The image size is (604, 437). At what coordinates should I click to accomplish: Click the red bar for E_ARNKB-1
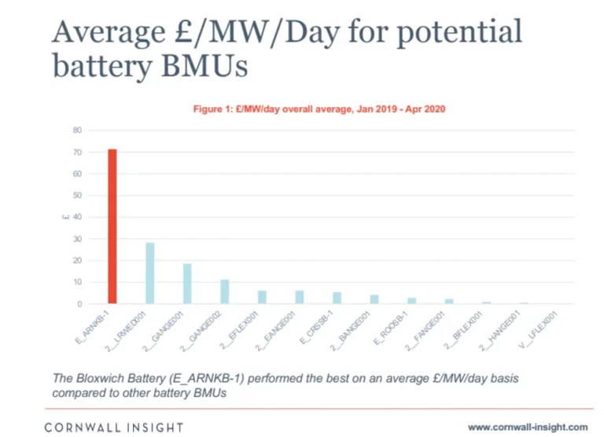(112, 226)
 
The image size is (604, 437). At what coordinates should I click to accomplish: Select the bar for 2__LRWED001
(150, 273)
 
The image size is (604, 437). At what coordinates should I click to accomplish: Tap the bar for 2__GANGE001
(187, 284)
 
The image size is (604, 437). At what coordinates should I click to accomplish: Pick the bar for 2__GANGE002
(225, 292)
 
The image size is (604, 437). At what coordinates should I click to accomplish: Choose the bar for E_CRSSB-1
(337, 298)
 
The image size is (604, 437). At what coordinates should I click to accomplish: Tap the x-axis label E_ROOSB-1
(396, 324)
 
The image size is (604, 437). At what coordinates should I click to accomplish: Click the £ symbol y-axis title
(66, 217)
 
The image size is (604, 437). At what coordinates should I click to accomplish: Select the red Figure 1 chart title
(319, 108)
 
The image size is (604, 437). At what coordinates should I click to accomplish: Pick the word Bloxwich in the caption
(103, 378)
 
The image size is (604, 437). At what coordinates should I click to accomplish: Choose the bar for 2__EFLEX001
(262, 297)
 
